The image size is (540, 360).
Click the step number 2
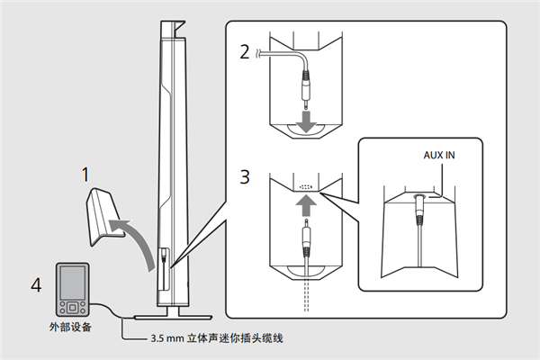[x=243, y=50]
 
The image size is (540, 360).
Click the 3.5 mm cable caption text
[x=217, y=338]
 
